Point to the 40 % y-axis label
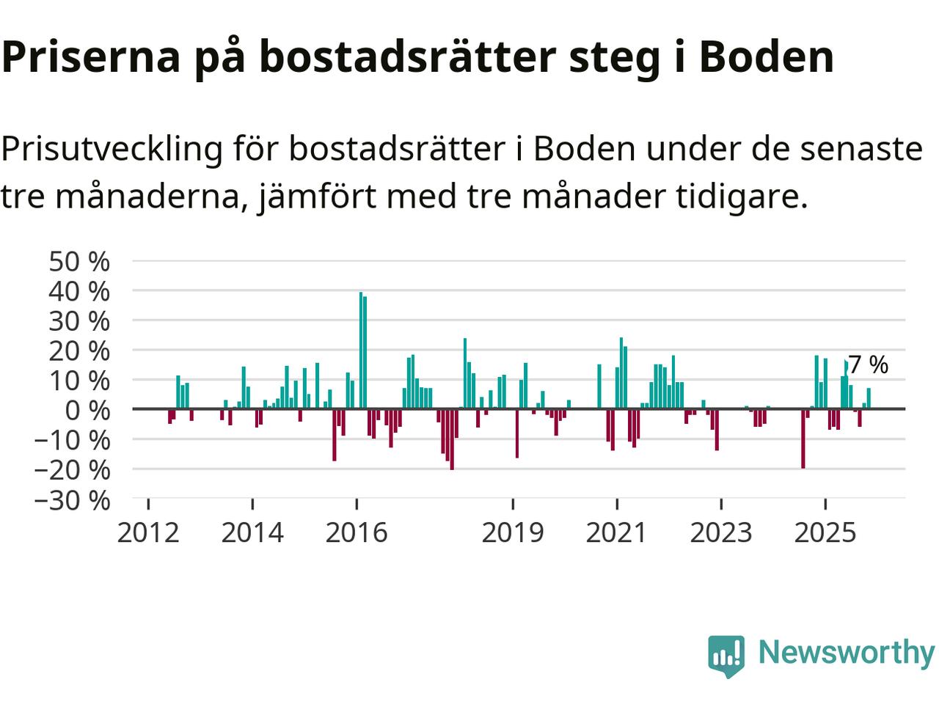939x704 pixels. (79, 291)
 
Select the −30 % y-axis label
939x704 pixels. (72, 501)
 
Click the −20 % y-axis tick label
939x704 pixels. (72, 469)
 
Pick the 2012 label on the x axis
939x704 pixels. (148, 532)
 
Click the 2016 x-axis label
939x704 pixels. (357, 532)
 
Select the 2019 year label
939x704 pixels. (513, 532)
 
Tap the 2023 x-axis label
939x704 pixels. (721, 532)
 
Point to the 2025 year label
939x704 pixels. (825, 532)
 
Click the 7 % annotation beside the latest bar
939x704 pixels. (869, 364)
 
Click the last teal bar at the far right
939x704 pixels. (869, 398)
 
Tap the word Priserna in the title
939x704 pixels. (91, 56)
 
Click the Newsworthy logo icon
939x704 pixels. (726, 654)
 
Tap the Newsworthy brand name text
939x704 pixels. (846, 652)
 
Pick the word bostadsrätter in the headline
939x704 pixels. (407, 56)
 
